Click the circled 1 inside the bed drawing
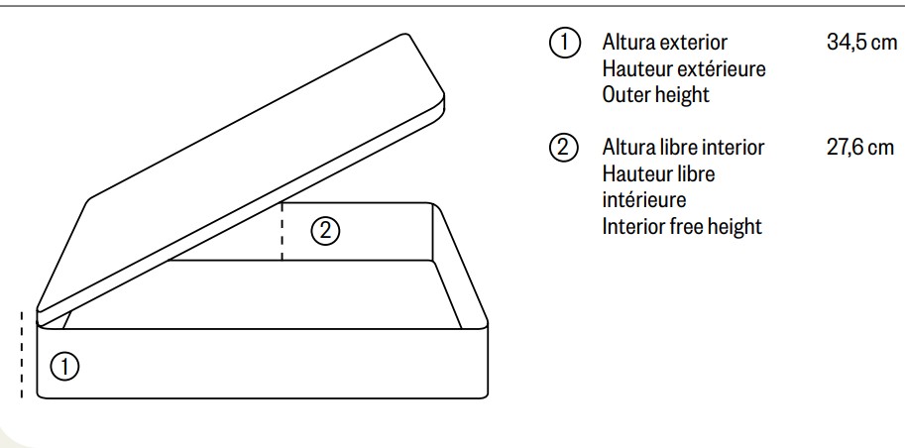point(64,367)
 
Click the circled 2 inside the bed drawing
point(325,231)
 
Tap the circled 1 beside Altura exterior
point(564,44)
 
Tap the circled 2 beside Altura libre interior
point(564,148)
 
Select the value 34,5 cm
point(861,43)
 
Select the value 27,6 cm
point(860,148)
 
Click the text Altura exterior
point(665,43)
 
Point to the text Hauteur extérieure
point(684,68)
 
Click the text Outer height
point(655,95)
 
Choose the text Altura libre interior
point(683,148)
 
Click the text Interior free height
point(682,226)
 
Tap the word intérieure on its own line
point(644,200)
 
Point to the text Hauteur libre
point(658,173)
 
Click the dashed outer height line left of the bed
point(22,355)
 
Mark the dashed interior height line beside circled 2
point(283,231)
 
